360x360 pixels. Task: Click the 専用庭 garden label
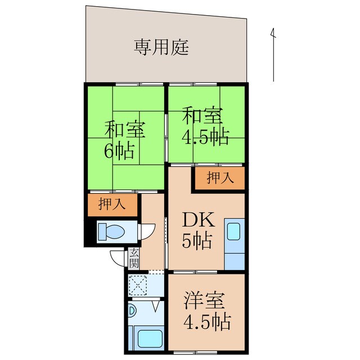click(161, 47)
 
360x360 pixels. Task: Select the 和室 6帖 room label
click(125, 141)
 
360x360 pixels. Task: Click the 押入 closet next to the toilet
click(112, 205)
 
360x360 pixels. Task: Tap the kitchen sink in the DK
click(234, 232)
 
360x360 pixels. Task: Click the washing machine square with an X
click(137, 285)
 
